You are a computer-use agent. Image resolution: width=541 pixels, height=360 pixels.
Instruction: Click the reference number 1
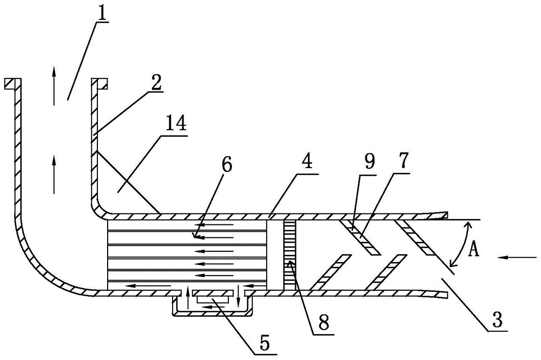point(101,12)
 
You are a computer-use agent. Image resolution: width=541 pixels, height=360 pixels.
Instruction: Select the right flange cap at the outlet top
point(100,83)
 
